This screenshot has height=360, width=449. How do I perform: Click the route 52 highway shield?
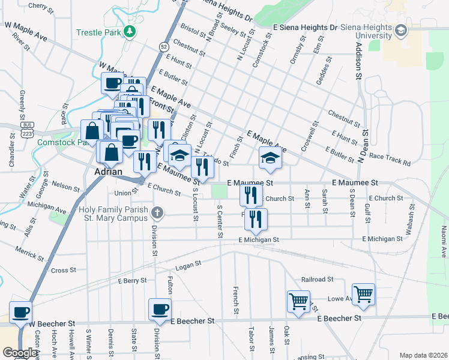(163, 46)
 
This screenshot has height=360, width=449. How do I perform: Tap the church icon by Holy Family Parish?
(157, 212)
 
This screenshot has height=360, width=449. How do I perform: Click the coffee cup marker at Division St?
(160, 309)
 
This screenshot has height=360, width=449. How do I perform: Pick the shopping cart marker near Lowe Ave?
(363, 294)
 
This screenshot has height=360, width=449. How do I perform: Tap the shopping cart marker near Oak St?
(298, 301)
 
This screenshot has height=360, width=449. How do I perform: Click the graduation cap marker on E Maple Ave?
(270, 158)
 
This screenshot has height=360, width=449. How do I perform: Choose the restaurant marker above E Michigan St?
(256, 220)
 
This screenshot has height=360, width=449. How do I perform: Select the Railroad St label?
(317, 280)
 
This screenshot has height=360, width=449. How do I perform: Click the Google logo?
(19, 353)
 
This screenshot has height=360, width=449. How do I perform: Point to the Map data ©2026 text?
(423, 355)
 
